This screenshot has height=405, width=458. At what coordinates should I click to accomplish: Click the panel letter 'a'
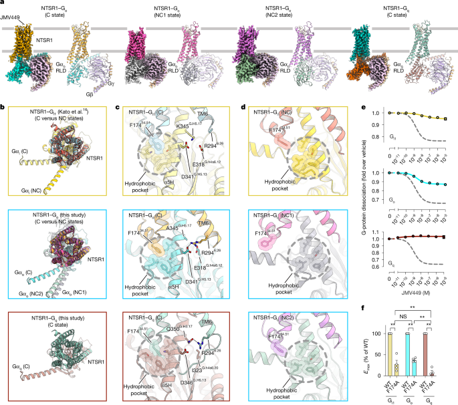pyautogui.click(x=3, y=3)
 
